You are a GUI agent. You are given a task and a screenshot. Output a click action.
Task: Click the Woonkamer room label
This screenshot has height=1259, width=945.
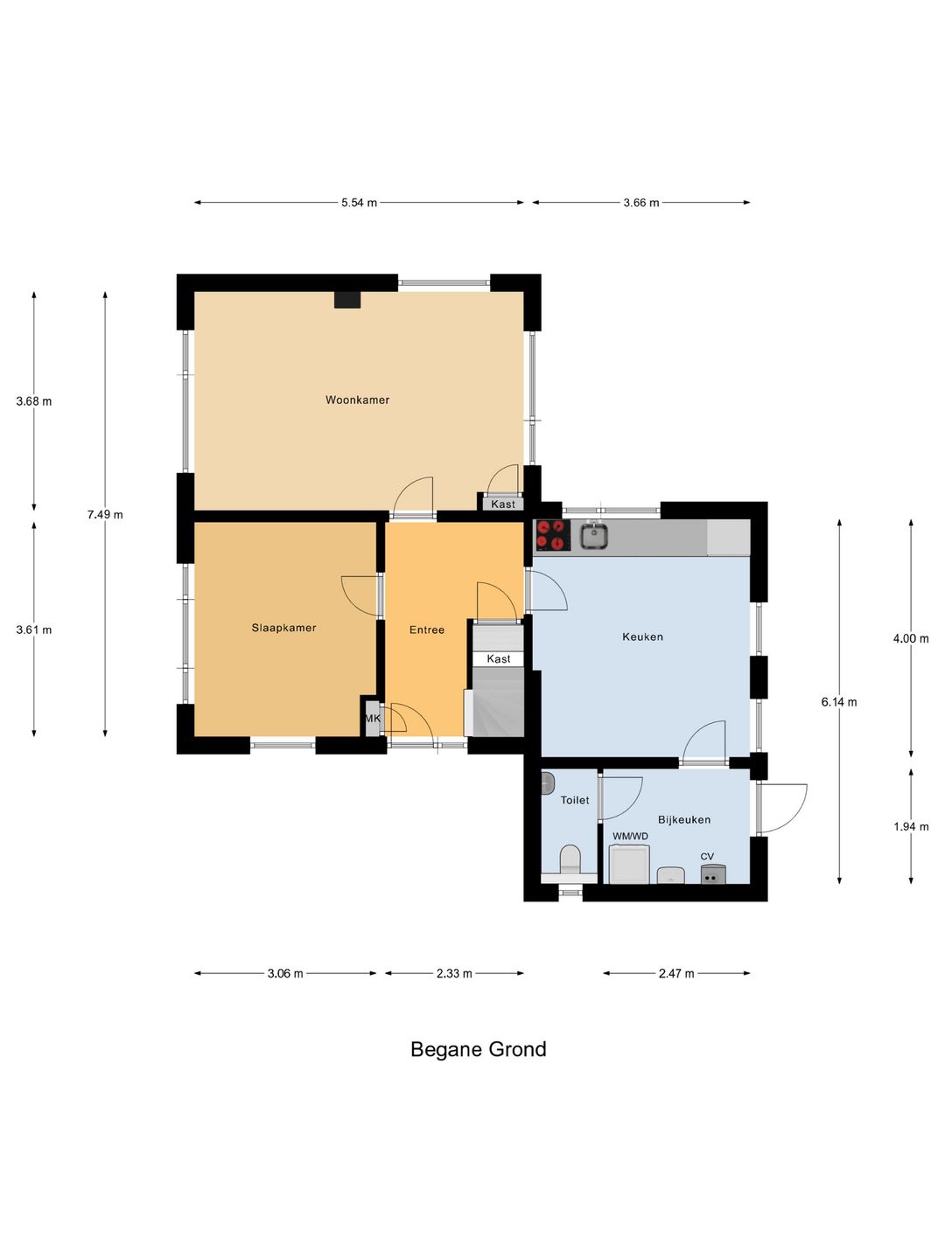(x=357, y=400)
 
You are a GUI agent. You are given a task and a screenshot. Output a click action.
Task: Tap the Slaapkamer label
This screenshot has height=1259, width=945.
(x=284, y=628)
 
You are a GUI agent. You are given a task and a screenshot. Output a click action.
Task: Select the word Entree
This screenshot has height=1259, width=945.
(x=427, y=629)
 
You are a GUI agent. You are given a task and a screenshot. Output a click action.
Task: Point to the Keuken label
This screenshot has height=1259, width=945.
(x=642, y=636)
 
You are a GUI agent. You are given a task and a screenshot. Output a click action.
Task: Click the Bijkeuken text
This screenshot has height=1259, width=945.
(x=684, y=819)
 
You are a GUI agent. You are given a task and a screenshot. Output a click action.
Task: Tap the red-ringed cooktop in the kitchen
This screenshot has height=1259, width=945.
(x=552, y=535)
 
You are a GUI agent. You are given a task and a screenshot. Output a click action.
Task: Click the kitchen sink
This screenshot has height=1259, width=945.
(x=593, y=536)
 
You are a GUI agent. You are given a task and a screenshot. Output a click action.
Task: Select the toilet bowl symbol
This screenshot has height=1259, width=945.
(x=570, y=859)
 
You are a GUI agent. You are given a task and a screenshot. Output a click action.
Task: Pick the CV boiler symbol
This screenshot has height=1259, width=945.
(x=712, y=874)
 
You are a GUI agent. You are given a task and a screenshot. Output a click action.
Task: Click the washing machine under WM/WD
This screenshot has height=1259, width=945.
(x=629, y=864)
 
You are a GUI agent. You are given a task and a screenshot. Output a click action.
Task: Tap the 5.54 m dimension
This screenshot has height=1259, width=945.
(x=359, y=203)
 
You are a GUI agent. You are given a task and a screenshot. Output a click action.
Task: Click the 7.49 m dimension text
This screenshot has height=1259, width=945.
(x=105, y=514)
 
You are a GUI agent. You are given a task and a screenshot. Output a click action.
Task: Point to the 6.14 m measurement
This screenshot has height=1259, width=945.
(x=839, y=702)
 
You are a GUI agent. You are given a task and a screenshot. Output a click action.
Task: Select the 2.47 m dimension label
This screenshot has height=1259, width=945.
(x=676, y=973)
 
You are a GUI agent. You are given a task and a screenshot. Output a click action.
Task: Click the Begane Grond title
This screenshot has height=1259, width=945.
(x=479, y=1049)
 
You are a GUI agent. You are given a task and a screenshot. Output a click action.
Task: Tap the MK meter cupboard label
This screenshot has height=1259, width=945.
(x=373, y=718)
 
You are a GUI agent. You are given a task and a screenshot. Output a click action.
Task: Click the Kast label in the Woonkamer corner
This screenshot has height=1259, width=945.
(x=503, y=504)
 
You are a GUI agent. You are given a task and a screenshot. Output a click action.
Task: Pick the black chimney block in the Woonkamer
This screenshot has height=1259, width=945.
(x=347, y=299)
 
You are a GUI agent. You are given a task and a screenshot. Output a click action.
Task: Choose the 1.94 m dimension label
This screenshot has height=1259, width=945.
(x=911, y=826)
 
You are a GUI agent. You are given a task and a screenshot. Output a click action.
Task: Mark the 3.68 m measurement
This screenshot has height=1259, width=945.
(x=34, y=401)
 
